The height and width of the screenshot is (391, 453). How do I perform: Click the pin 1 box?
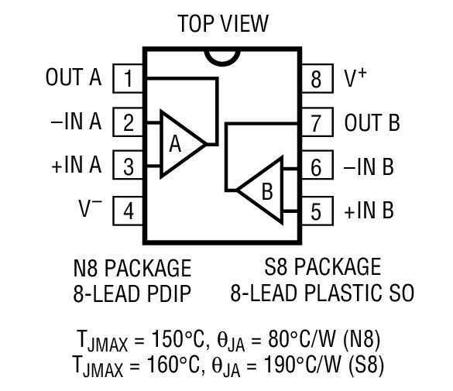128,78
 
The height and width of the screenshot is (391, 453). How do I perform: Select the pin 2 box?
128,122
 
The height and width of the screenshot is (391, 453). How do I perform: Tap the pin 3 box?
128,165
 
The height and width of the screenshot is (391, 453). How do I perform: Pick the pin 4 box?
128,209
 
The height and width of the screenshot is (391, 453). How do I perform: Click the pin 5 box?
316,209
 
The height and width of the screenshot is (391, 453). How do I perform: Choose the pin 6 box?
316,165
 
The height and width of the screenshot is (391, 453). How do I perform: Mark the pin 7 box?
316,122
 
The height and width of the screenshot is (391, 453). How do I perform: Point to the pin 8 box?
316,78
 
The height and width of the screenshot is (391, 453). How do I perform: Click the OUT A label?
74,78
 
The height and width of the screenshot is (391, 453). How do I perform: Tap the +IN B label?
369,209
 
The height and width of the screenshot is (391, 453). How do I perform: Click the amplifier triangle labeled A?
178,144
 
